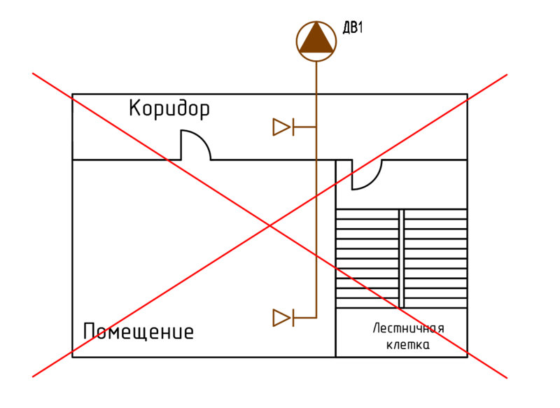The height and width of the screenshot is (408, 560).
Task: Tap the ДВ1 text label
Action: click(353, 29)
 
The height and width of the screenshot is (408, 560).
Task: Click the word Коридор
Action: click(169, 109)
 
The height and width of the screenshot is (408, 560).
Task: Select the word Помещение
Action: click(138, 331)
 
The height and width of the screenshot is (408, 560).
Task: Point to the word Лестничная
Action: click(409, 329)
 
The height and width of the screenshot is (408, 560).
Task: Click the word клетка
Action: click(408, 345)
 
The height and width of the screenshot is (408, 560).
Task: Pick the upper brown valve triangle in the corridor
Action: click(281, 127)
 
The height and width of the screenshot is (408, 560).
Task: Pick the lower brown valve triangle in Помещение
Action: click(281, 318)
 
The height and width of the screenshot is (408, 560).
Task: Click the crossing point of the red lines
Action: click(269, 225)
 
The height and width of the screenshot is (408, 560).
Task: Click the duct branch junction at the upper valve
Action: click(316, 127)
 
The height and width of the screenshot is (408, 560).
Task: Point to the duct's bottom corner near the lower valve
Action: click(316, 318)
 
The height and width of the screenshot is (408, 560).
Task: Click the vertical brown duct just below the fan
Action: click(316, 77)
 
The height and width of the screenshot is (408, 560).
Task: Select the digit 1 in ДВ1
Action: click(361, 29)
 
